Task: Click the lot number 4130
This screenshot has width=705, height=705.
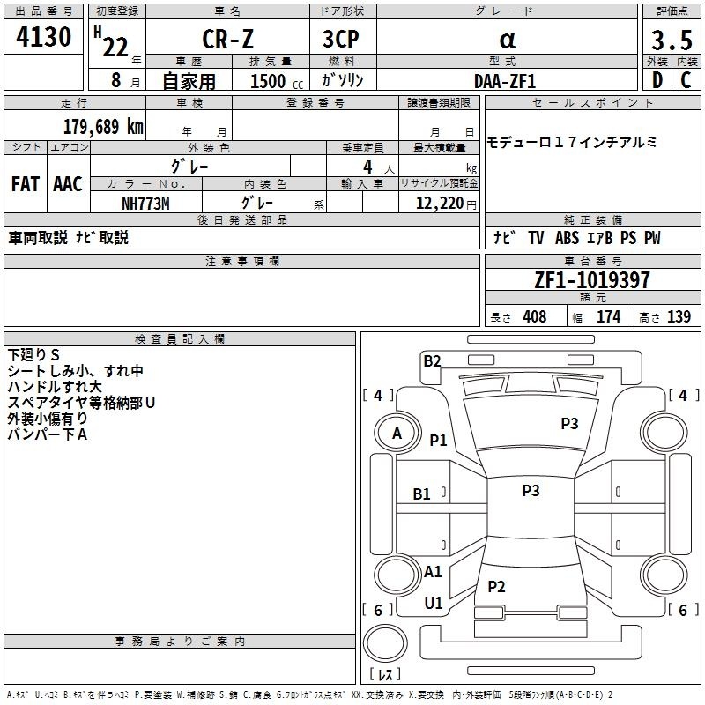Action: coord(43,36)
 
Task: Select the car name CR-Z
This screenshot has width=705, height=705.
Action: coord(228,39)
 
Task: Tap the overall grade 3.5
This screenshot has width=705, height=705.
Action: coord(672,40)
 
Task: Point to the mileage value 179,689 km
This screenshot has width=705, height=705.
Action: coord(103,126)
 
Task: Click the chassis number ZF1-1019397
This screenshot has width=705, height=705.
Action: coord(592,280)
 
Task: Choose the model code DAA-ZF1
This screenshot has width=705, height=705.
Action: coord(505,81)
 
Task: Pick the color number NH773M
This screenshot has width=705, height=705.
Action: coord(145,204)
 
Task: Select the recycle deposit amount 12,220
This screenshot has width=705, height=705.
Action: coord(439,204)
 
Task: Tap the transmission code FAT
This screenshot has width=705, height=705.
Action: coord(26,184)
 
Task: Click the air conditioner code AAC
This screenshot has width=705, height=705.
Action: coord(68,184)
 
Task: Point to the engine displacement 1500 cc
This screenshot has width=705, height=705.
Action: coord(277,81)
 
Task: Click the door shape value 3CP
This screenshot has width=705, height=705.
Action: coord(341,39)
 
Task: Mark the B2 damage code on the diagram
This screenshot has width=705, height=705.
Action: coord(432,361)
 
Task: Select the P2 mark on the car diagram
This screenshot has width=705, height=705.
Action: coord(496,586)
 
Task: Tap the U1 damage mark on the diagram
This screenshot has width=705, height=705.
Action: coord(434,604)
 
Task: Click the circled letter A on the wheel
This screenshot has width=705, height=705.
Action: coord(397,434)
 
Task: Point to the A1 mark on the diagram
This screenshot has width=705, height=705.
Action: coord(433,572)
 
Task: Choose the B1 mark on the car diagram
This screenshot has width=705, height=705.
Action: coord(422,494)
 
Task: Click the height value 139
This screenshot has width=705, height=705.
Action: coord(679,316)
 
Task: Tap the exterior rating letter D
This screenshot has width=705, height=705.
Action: coord(657,80)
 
